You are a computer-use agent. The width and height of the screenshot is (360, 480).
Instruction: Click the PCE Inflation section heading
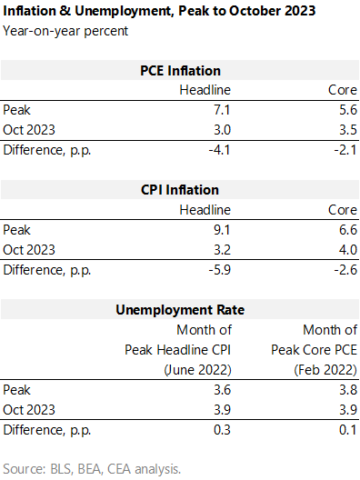coord(180,71)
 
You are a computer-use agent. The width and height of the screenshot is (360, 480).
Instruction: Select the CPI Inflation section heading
coord(180,190)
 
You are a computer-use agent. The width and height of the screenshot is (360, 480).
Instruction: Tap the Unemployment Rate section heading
coord(180,310)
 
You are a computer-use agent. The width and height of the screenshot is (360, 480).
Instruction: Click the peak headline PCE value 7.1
coord(222,110)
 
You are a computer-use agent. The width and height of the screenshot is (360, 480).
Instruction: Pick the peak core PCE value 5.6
coord(348,110)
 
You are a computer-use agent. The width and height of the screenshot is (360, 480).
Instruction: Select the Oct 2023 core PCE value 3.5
coord(348,130)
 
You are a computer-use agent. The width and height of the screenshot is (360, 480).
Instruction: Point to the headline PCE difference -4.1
coord(219,150)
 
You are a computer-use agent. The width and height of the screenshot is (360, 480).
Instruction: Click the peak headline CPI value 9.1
coord(222,230)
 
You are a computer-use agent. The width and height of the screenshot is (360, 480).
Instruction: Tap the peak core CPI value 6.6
coord(348,230)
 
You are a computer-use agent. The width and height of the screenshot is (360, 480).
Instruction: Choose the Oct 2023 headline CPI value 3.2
coord(222,250)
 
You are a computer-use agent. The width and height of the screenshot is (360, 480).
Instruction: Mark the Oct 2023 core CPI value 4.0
coord(348,250)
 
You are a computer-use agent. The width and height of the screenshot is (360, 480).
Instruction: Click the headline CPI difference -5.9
coord(219,270)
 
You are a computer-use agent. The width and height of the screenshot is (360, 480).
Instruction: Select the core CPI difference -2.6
coord(345,270)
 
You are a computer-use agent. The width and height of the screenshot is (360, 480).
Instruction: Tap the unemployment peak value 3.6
coord(222,390)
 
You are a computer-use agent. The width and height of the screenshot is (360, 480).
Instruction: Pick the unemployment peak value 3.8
coord(348,390)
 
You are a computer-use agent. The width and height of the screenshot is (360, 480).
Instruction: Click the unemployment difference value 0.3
coord(222,430)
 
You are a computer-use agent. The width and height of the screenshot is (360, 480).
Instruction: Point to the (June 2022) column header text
coord(198,370)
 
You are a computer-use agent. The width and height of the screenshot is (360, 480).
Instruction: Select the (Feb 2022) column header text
coord(325,370)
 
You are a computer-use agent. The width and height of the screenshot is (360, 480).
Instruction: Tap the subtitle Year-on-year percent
coord(65,31)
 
